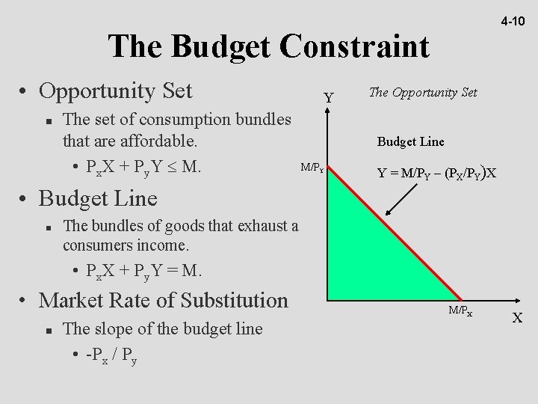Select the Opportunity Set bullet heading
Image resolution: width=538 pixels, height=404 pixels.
115,91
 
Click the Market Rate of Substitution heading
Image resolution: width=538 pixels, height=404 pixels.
162,301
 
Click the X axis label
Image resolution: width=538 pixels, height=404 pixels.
517,318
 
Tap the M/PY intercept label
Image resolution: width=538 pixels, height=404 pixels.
312,167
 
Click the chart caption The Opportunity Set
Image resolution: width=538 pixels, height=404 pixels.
423,92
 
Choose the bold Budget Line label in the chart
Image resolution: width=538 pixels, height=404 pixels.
410,140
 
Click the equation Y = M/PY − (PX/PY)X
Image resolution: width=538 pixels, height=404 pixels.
437,173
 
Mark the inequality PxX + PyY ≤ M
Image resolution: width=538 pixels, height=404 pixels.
143,165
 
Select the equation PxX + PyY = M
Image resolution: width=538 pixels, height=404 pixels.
141,269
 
